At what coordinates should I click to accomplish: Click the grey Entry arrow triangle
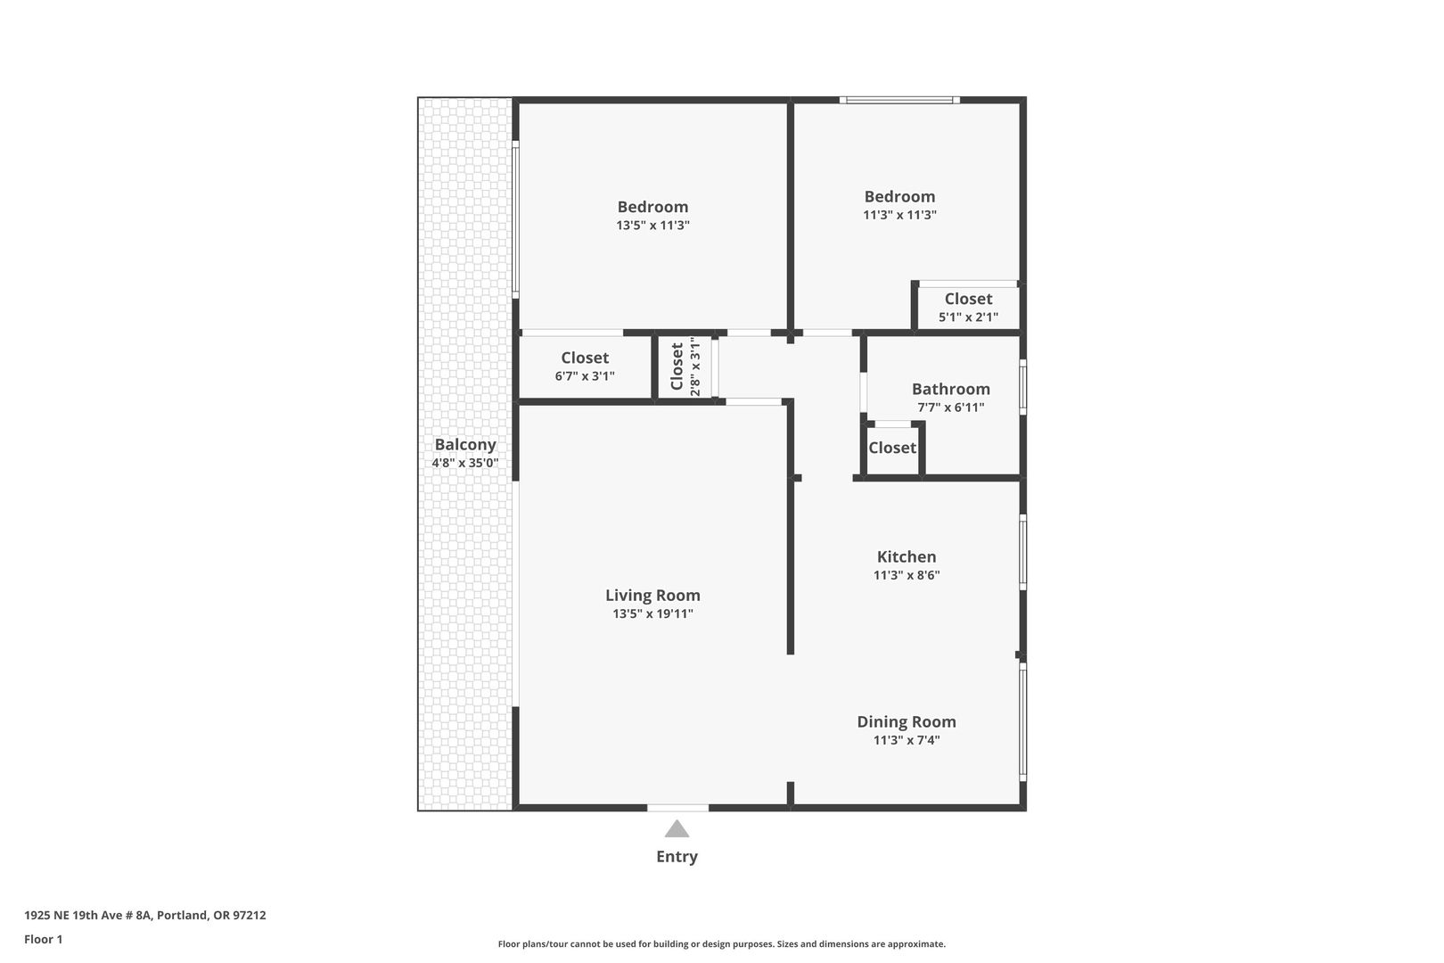point(677,829)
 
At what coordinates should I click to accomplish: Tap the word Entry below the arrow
point(677,857)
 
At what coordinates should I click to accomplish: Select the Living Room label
point(652,596)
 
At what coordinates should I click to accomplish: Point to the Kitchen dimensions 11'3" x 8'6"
point(907,575)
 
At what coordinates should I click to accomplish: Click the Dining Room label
point(907,721)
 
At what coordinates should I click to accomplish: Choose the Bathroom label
point(951,389)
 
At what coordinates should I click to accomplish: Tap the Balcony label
point(464,445)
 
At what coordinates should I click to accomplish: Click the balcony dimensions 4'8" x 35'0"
point(464,463)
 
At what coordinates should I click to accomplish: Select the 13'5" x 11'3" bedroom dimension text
point(652,226)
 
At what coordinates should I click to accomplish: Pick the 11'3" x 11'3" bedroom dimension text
point(899,216)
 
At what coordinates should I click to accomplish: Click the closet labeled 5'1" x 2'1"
point(968,308)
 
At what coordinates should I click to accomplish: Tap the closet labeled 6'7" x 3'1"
point(585,367)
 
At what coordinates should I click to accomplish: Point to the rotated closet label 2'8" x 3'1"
point(685,367)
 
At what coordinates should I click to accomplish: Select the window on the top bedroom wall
point(899,100)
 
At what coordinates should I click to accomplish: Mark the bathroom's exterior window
point(1022,387)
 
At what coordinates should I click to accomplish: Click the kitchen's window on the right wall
point(1022,552)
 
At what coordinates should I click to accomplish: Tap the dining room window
point(1022,721)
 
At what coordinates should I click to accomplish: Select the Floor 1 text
point(43,940)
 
